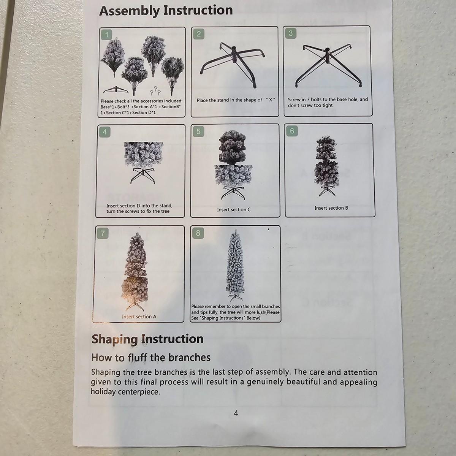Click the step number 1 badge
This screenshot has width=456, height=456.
click(x=107, y=35)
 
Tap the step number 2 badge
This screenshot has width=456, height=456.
click(x=198, y=34)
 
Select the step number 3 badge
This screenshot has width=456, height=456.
click(x=291, y=33)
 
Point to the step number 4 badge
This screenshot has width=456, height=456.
click(x=105, y=132)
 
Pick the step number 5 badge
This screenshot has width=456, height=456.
click(x=198, y=131)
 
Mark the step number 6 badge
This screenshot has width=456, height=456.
click(x=292, y=131)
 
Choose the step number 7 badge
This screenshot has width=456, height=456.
click(x=103, y=234)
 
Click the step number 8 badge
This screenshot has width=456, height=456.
click(x=198, y=233)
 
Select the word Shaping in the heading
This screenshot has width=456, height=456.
click(x=115, y=340)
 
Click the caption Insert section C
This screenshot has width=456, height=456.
click(x=234, y=210)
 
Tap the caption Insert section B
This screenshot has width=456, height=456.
click(x=331, y=208)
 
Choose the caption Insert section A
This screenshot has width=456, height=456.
click(x=139, y=317)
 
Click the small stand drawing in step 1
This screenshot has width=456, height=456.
click(x=116, y=90)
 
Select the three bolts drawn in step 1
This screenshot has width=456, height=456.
click(x=156, y=90)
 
